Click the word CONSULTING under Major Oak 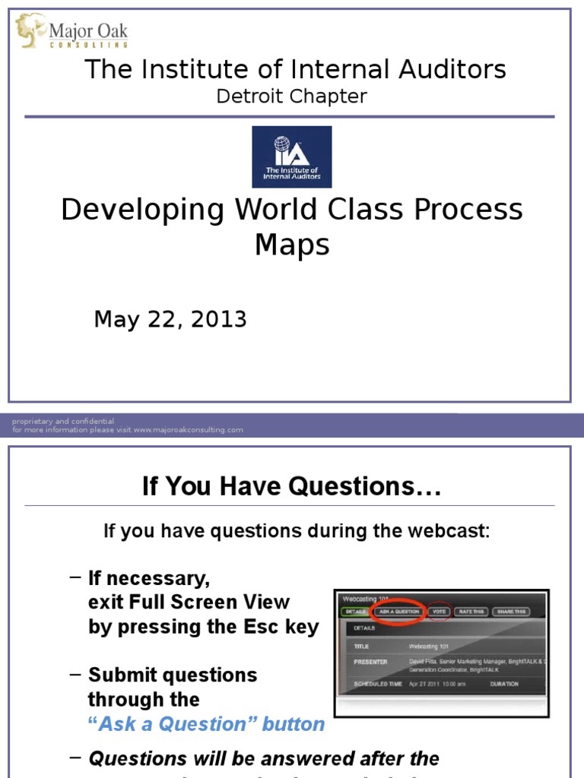pos(88,45)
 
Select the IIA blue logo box pos(292,157)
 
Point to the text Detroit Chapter pos(292,96)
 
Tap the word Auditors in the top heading pos(456,69)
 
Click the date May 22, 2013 pos(170,320)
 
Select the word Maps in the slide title pos(292,245)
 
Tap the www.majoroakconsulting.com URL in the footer pos(188,430)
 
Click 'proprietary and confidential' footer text pos(63,421)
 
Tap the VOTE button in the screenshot pos(440,611)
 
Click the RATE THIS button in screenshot pos(471,611)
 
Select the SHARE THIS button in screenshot pos(511,611)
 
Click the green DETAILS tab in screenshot pos(354,611)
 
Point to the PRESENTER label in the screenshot pos(370,662)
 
